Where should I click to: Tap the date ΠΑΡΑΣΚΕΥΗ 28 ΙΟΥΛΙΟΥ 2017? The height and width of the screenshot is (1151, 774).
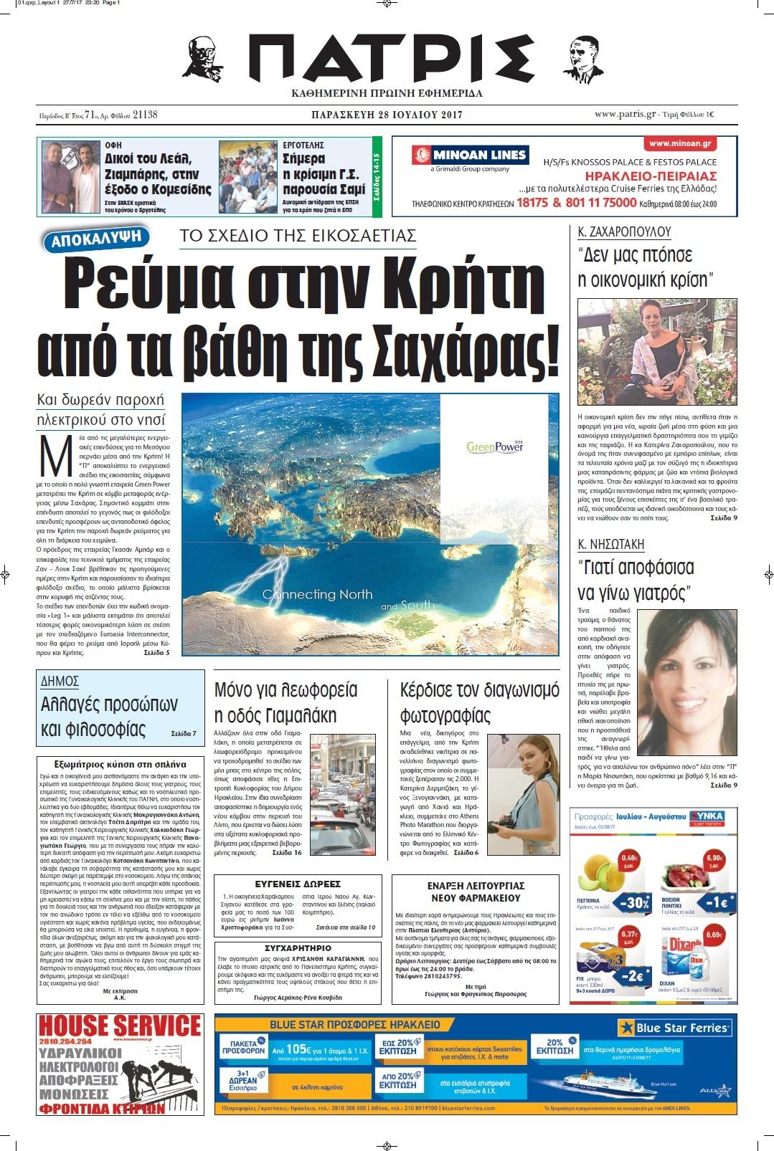tap(387, 115)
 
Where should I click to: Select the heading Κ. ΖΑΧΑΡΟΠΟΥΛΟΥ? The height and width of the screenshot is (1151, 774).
tap(624, 232)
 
